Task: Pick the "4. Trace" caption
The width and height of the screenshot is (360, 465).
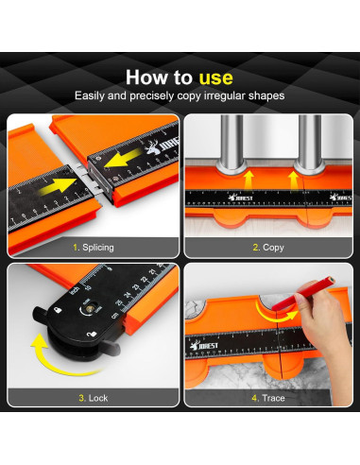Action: [268, 398]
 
